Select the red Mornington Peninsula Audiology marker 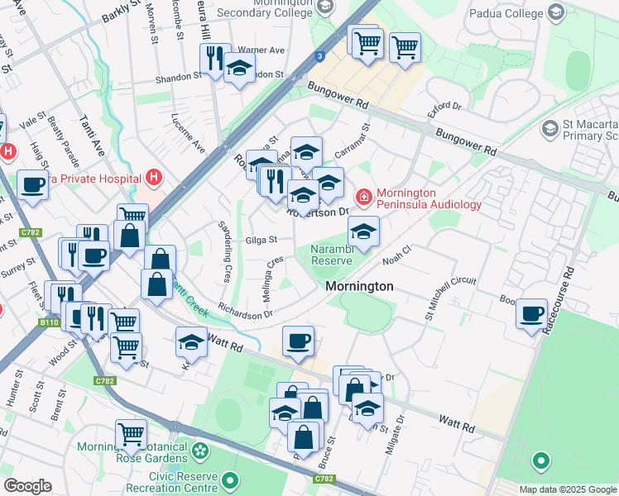click(x=362, y=197)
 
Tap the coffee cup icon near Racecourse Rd click(x=531, y=314)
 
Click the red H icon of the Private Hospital click(x=152, y=176)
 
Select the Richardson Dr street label click(x=245, y=313)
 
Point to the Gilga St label click(x=261, y=241)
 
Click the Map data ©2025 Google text click(x=567, y=489)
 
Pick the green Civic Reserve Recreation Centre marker click(x=231, y=479)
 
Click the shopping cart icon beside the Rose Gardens click(x=132, y=433)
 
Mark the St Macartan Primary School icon click(x=549, y=129)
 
